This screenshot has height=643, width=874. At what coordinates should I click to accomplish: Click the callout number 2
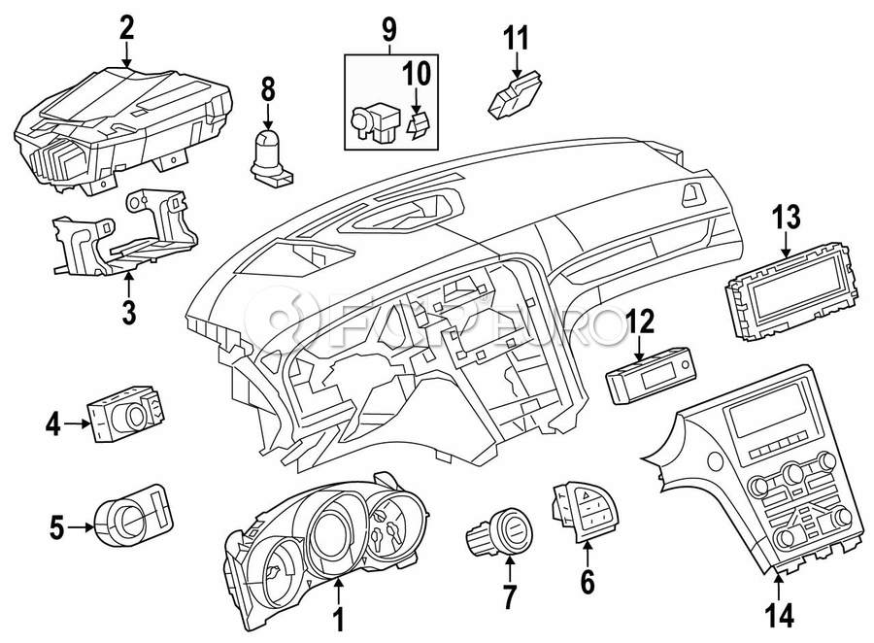tap(126, 26)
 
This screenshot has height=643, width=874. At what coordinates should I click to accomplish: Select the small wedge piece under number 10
tap(420, 125)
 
